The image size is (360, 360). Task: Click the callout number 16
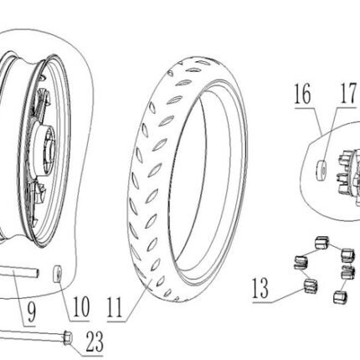[302, 94]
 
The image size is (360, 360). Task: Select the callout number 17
[348, 93]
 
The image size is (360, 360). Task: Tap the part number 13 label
[260, 288]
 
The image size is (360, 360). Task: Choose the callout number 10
[81, 306]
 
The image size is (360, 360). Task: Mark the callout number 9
[31, 312]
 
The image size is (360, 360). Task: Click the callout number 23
[95, 342]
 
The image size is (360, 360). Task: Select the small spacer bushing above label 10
[58, 274]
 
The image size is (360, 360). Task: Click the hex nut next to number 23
[68, 337]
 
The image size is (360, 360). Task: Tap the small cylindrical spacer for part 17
[321, 169]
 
